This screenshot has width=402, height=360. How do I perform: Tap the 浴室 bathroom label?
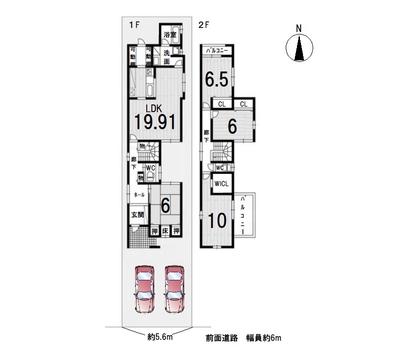click(x=170, y=35)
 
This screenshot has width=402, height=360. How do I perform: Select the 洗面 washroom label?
click(x=166, y=57)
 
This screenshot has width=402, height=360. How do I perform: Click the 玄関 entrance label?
click(x=138, y=214)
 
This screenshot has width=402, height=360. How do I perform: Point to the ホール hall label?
click(x=139, y=195)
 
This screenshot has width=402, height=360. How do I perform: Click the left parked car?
click(x=144, y=289)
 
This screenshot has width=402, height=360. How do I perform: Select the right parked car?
click(x=174, y=289)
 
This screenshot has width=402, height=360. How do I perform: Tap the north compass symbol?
click(x=299, y=48)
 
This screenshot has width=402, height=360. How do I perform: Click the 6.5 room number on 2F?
click(x=217, y=80)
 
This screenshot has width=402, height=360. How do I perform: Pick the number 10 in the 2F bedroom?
click(x=217, y=220)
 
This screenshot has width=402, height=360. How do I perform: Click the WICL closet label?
click(x=221, y=184)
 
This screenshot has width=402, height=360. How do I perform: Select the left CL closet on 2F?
click(x=222, y=104)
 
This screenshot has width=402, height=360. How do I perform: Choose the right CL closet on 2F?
click(x=244, y=104)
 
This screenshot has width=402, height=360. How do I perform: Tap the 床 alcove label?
click(x=165, y=231)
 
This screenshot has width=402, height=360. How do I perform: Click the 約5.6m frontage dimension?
click(x=160, y=337)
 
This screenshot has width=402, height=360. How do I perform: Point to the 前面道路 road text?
click(x=222, y=338)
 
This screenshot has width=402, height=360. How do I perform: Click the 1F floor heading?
click(x=134, y=25)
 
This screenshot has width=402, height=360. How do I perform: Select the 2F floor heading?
click(x=204, y=25)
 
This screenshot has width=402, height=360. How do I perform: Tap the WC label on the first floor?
click(x=150, y=168)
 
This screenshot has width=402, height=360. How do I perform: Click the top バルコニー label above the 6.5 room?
click(x=217, y=50)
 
